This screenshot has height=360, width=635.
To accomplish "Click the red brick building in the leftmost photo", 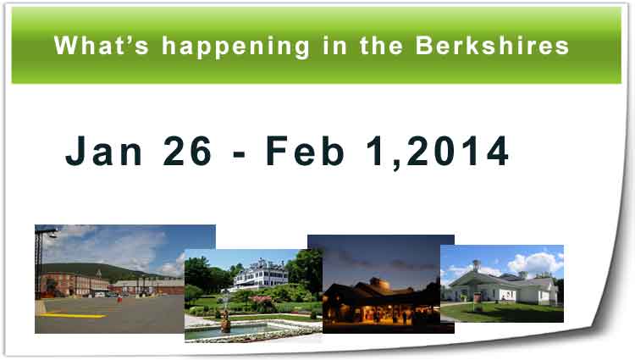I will [x=76, y=283].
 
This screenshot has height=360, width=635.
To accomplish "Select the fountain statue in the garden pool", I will [x=224, y=319].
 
